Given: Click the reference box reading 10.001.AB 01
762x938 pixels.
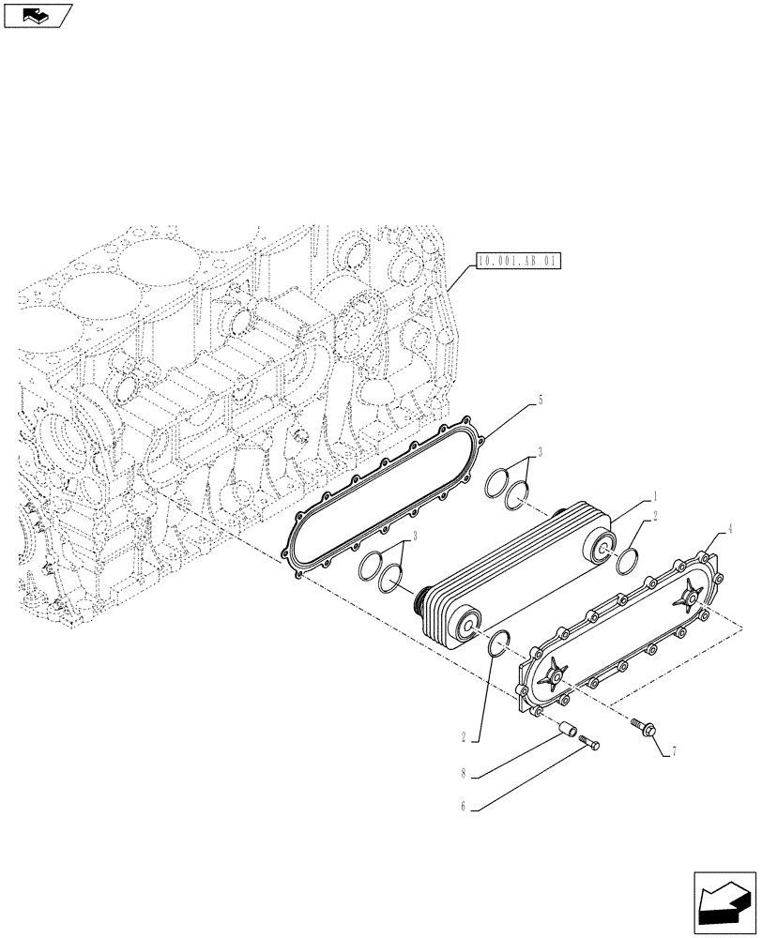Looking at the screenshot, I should tap(517, 262).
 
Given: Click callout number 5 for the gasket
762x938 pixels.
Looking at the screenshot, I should tap(541, 400).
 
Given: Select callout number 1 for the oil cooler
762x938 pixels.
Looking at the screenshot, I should tap(654, 494).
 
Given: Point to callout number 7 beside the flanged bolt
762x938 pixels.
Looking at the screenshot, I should tap(672, 751).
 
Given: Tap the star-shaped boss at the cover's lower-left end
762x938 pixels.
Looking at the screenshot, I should tap(555, 673).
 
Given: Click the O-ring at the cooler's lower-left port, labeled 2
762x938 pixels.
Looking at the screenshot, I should tap(499, 643).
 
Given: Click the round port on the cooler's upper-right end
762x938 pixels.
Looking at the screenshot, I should tap(601, 548).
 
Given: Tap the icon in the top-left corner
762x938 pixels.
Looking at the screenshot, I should tap(38, 15).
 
